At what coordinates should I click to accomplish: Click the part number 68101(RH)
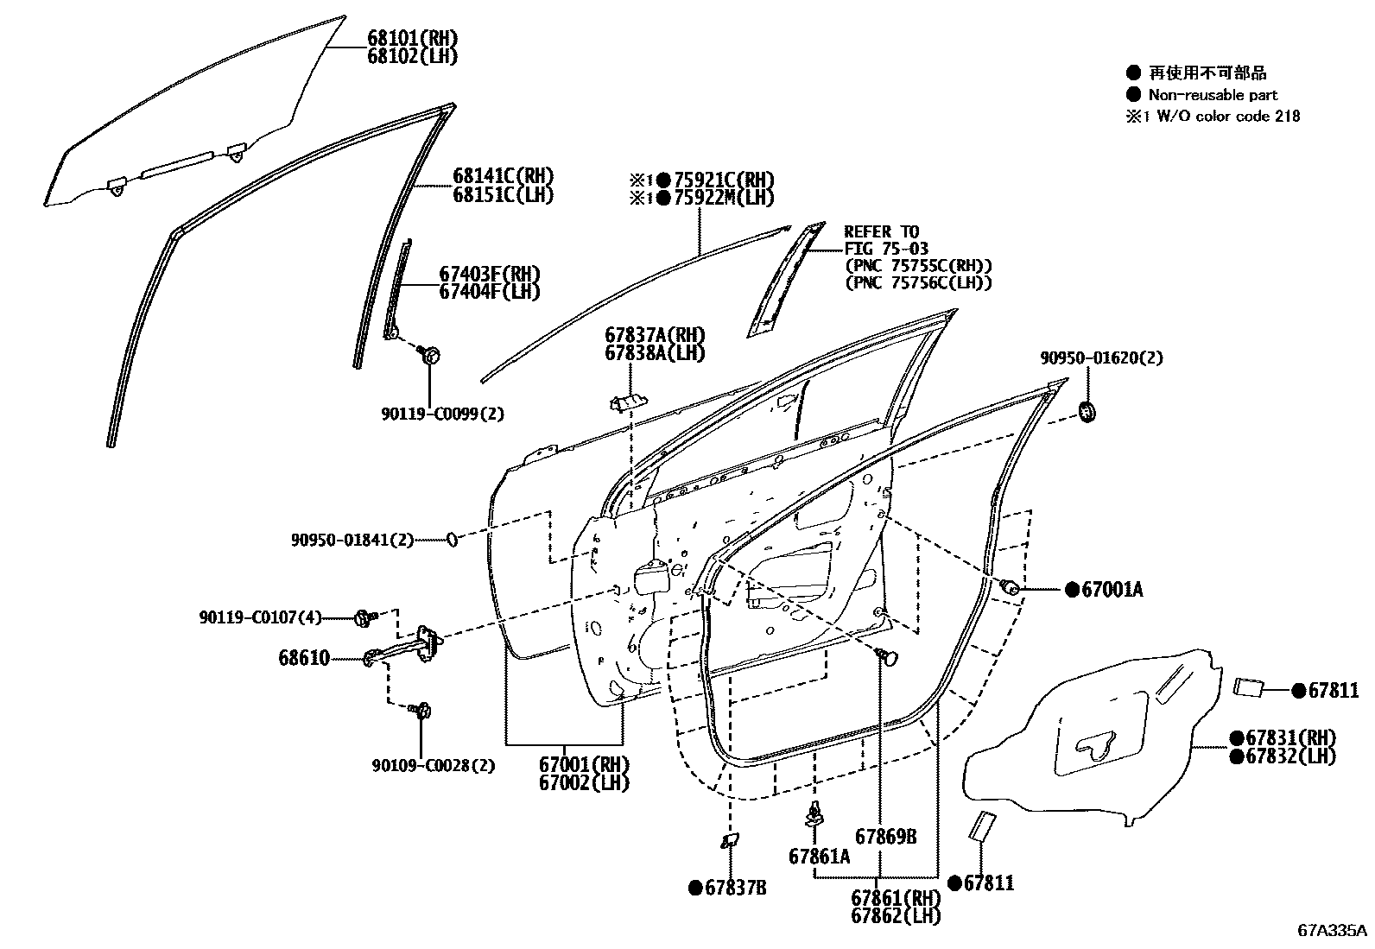[x=411, y=39]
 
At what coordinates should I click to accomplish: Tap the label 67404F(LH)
[x=489, y=292]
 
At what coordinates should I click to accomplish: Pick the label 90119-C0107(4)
[x=259, y=617]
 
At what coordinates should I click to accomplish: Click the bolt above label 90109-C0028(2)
[x=421, y=711]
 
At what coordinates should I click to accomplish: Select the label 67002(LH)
[x=584, y=782]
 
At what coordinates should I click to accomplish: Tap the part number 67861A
[x=819, y=856]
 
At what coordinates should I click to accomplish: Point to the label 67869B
[x=885, y=836]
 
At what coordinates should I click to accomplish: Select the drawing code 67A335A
[x=1331, y=931]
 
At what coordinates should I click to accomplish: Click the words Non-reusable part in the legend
[x=1212, y=95]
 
